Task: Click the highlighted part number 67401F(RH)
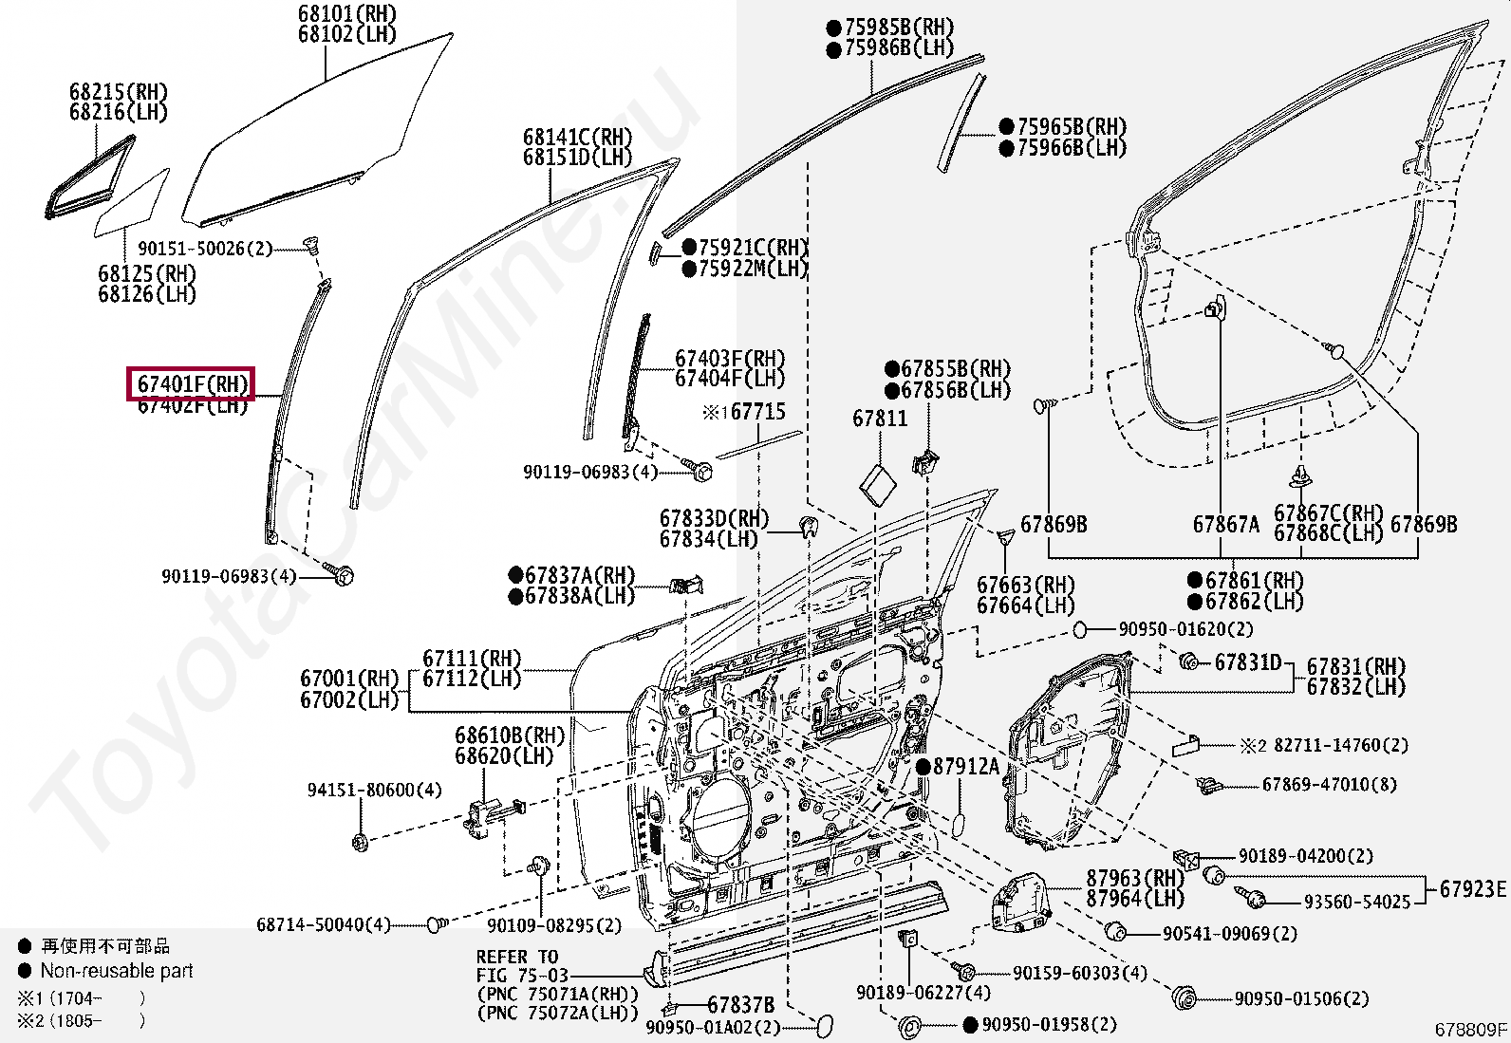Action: (x=192, y=384)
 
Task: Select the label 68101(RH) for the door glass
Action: (x=346, y=14)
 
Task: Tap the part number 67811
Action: (x=879, y=419)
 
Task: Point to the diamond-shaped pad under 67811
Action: (x=877, y=484)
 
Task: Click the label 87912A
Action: (x=965, y=767)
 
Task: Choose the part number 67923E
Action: (x=1472, y=889)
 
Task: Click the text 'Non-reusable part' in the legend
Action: (x=116, y=971)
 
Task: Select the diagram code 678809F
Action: (x=1470, y=1029)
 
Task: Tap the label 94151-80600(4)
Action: (x=374, y=790)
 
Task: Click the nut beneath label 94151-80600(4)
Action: (x=360, y=842)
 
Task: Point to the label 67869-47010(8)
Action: (x=1329, y=785)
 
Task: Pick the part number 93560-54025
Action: (x=1356, y=902)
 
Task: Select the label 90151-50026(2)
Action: (x=205, y=249)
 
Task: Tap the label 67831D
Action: (x=1247, y=662)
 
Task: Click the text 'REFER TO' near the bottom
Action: (x=517, y=957)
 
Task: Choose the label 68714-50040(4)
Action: (x=323, y=924)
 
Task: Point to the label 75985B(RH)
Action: (x=898, y=28)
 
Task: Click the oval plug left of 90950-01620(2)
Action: (x=1079, y=629)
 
